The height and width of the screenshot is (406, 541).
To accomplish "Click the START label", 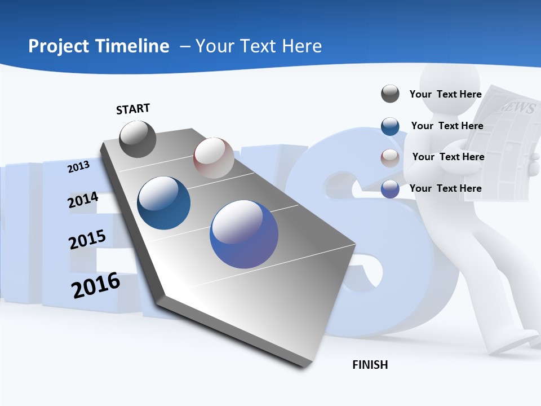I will click(x=133, y=109).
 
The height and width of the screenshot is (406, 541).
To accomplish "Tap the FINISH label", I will click(x=370, y=365).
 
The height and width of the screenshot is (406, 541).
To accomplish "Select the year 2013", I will click(x=78, y=166).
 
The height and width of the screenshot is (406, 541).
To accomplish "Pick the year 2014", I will click(x=83, y=200).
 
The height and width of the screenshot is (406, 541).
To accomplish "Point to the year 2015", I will click(x=87, y=240).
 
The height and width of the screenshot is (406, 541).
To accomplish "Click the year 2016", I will click(x=96, y=285).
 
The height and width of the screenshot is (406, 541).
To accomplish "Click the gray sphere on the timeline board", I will click(x=138, y=139).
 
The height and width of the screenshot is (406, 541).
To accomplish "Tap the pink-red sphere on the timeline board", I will click(x=214, y=158).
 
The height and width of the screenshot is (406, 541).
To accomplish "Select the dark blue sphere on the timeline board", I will click(x=163, y=203).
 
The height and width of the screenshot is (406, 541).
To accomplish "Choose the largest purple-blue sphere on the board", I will click(x=244, y=234).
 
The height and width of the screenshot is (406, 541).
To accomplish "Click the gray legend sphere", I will click(x=390, y=94).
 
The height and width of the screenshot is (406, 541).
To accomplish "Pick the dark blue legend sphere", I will click(x=390, y=126).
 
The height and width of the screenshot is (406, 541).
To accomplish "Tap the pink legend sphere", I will click(x=390, y=158).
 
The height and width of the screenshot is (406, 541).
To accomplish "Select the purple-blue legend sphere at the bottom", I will click(x=390, y=189).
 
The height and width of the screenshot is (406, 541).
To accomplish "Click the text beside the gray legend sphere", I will click(x=445, y=94).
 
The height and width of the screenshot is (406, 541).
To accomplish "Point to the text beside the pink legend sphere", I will click(x=448, y=157).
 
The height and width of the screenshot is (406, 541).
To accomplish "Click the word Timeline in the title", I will click(x=134, y=46).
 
